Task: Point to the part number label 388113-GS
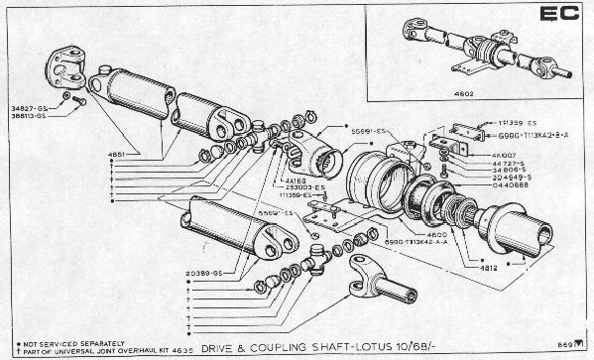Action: [x=29, y=115]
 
